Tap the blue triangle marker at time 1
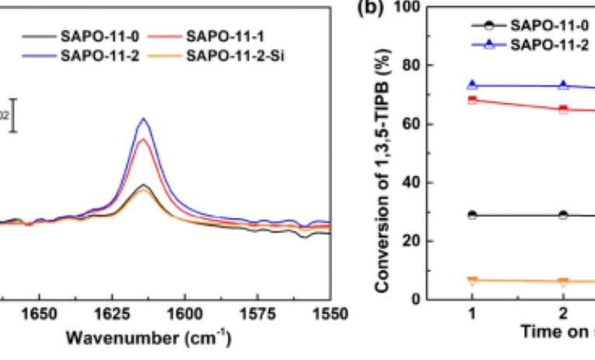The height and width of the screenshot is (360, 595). (x=472, y=86)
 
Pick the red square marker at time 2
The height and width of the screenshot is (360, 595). (x=564, y=109)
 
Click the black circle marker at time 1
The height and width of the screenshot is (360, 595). (x=472, y=215)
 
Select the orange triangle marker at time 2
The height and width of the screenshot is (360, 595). (x=564, y=281)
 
